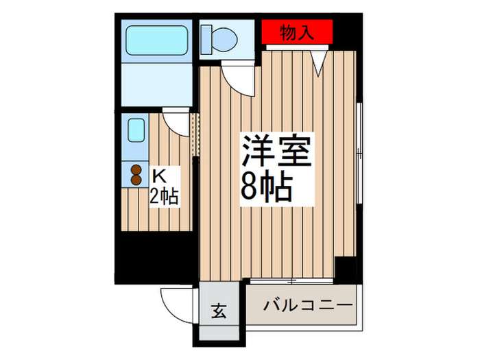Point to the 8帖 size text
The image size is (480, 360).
267,184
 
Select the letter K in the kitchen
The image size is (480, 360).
156,175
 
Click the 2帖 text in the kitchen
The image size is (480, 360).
165,196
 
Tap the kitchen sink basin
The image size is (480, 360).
135,130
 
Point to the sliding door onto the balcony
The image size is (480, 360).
291,280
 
